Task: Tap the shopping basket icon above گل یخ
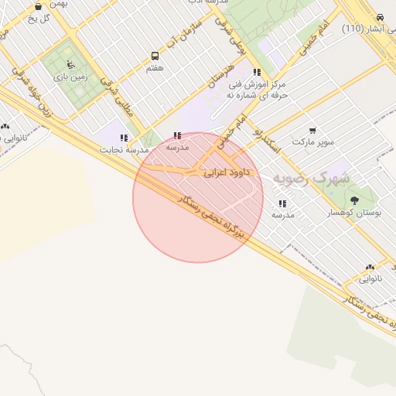tap(38, 5)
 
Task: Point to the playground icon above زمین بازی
tap(70, 64)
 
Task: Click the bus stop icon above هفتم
tap(155, 56)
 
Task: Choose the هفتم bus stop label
tap(155, 68)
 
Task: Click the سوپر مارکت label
tap(312, 142)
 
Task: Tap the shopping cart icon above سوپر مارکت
tap(312, 131)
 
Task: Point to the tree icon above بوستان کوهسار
tap(354, 200)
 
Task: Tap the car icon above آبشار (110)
tap(380, 17)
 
